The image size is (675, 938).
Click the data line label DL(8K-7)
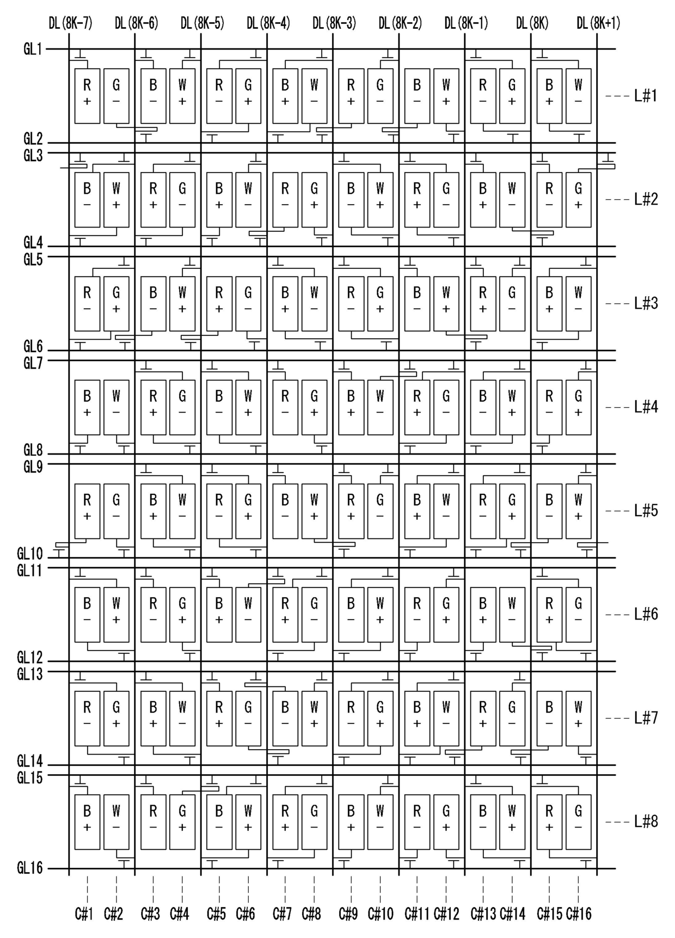click(x=70, y=23)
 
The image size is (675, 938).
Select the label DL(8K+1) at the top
click(x=598, y=23)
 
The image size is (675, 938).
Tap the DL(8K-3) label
click(x=334, y=23)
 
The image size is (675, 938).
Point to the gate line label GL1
click(x=33, y=50)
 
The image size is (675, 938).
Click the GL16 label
click(x=29, y=868)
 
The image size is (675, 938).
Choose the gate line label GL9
click(x=33, y=467)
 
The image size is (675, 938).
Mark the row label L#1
click(x=646, y=96)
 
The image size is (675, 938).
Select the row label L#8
click(x=646, y=821)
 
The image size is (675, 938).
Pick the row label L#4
click(x=646, y=407)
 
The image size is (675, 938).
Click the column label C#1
click(x=84, y=914)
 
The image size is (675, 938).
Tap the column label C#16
click(x=579, y=914)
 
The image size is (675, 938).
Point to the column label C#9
click(x=348, y=914)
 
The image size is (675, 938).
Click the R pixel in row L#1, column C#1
click(x=87, y=96)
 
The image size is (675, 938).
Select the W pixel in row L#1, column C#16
click(x=578, y=96)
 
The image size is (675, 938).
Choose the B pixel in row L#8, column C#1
click(x=87, y=821)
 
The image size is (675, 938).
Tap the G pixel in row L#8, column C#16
click(x=578, y=821)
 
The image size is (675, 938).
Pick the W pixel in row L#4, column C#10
click(x=380, y=407)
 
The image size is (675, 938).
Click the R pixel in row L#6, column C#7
click(x=285, y=614)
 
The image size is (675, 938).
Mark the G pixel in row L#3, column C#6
click(x=248, y=303)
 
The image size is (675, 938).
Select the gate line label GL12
click(x=29, y=657)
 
